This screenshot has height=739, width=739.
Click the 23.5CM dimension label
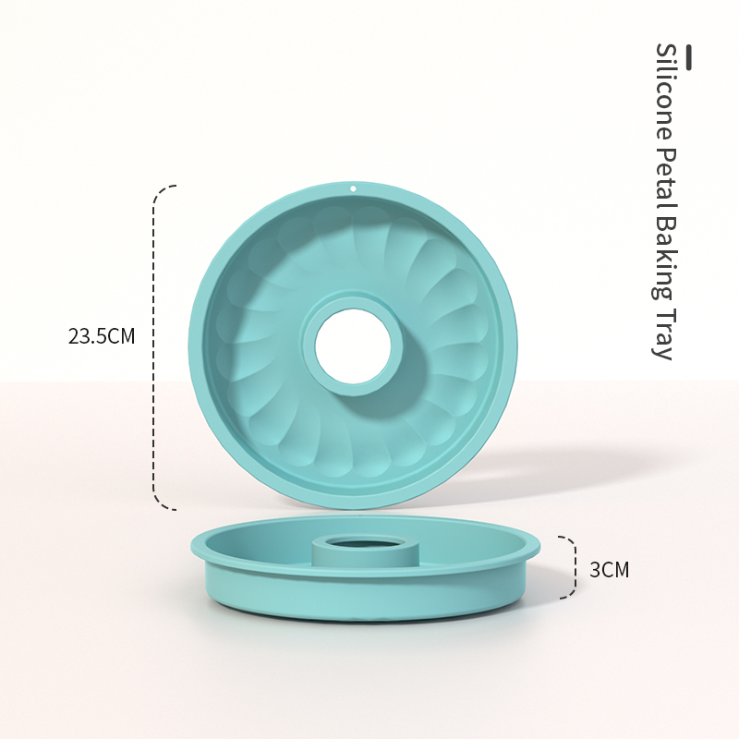(102, 336)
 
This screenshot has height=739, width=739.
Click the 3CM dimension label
(609, 570)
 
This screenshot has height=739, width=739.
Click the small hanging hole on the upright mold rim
(352, 188)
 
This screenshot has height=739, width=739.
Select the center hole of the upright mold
(353, 347)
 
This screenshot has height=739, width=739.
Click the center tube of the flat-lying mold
(358, 551)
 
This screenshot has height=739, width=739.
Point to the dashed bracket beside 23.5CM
(154, 346)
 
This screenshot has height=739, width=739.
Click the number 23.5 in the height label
(88, 336)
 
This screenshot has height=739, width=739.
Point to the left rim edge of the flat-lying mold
(195, 545)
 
